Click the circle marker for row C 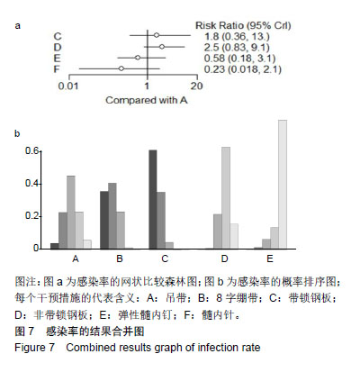click(x=157, y=35)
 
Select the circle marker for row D click(x=162, y=47)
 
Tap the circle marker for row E click(x=138, y=58)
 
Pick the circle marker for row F click(x=121, y=68)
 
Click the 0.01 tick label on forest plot click(x=68, y=86)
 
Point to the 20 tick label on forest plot click(x=197, y=86)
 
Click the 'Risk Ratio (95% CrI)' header click(x=243, y=25)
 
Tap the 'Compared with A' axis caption click(x=147, y=100)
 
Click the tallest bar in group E click(x=283, y=184)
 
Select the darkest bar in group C click(x=153, y=199)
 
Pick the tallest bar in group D click(x=226, y=197)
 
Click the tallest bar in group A click(x=71, y=212)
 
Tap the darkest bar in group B click(x=104, y=220)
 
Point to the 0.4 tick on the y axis click(x=32, y=183)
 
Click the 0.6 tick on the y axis click(x=32, y=150)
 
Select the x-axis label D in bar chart click(x=224, y=259)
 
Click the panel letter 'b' click(x=17, y=133)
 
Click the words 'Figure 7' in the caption click(x=34, y=348)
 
